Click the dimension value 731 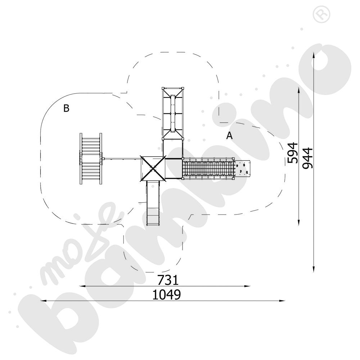(x=168, y=280)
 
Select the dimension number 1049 (x=166, y=294)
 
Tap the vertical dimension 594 (x=293, y=153)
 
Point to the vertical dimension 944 (x=308, y=158)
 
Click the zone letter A (x=229, y=136)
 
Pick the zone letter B (x=66, y=108)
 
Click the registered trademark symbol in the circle (x=321, y=14)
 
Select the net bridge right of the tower (x=208, y=168)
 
